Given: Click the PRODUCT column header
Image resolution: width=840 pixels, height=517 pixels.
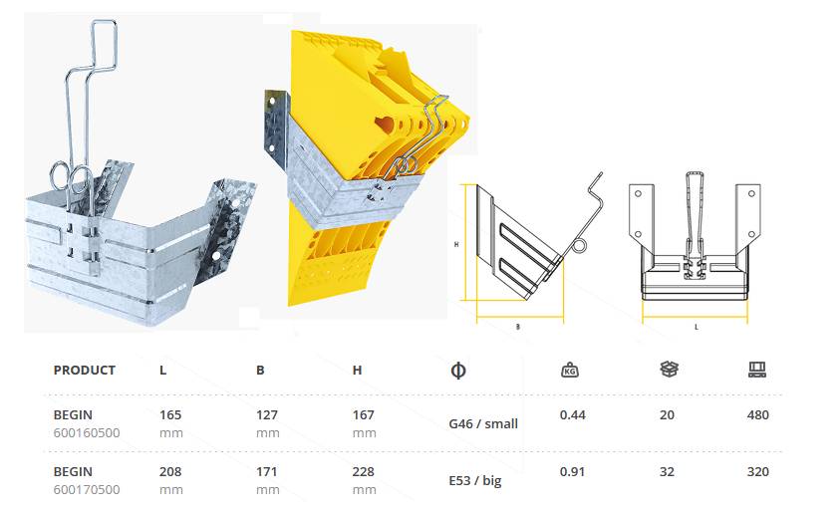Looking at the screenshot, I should [x=85, y=370].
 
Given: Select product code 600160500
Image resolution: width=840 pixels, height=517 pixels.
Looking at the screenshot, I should [x=87, y=433].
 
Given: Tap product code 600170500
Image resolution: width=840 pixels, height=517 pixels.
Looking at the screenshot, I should [x=87, y=489].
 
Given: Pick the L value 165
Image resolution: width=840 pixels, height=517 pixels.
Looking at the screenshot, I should [x=170, y=414].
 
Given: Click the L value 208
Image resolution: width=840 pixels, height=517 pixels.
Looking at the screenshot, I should [x=170, y=471].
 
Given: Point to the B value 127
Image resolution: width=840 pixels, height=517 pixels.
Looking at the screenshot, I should [x=268, y=414].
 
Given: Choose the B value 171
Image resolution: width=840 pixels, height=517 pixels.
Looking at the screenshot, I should [x=268, y=471].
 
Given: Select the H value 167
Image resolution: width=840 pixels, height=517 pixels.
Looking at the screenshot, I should [x=364, y=414].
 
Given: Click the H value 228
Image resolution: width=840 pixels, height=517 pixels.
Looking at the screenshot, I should [x=364, y=471].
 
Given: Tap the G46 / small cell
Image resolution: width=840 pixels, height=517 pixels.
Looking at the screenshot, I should [x=483, y=423].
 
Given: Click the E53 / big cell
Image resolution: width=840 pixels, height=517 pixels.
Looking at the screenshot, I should [x=475, y=480].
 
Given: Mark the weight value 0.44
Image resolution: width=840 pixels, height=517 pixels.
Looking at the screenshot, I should [x=572, y=414].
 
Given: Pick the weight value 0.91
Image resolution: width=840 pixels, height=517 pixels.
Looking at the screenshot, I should [x=572, y=471].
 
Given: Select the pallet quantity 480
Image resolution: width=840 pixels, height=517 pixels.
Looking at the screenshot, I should [x=758, y=414].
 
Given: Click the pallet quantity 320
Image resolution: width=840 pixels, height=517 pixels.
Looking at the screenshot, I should [x=758, y=471].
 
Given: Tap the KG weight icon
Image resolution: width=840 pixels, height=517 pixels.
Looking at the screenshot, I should [x=570, y=371].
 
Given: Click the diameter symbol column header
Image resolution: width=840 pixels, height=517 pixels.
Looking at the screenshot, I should [x=459, y=371].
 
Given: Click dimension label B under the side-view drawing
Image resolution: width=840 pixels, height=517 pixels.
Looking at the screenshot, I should [x=518, y=327].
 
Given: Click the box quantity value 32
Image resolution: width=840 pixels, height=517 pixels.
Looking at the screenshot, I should [x=668, y=471].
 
